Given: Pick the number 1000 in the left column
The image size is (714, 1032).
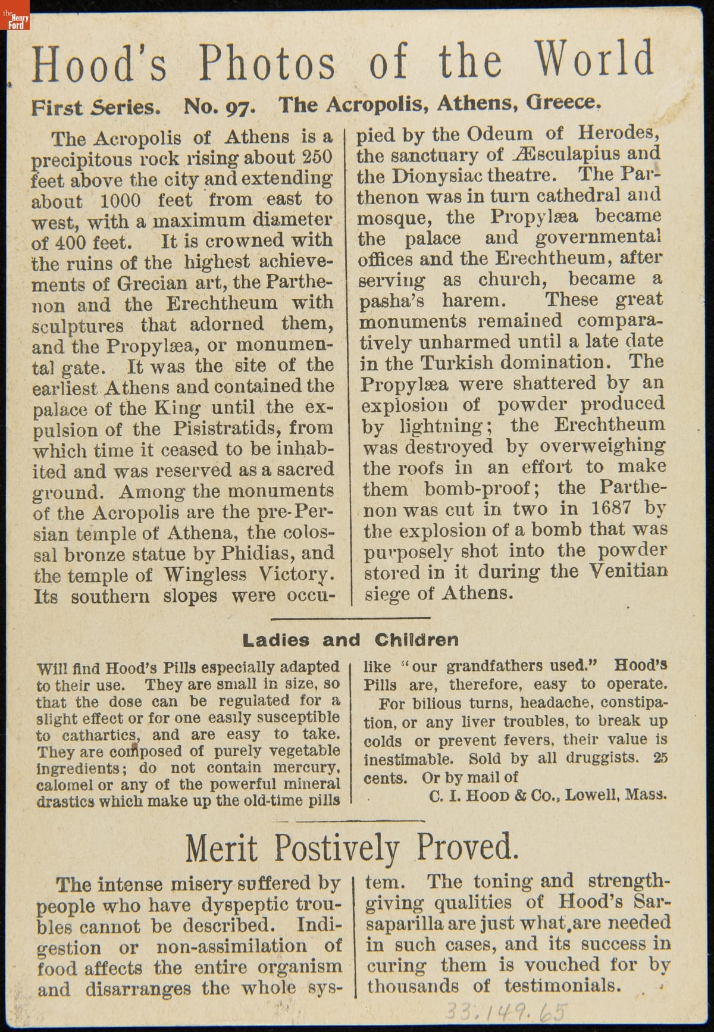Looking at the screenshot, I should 120,200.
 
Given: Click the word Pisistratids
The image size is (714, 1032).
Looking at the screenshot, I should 224,429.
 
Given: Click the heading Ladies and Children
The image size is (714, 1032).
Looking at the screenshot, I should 350,640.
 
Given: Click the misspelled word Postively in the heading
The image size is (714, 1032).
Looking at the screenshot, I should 336,849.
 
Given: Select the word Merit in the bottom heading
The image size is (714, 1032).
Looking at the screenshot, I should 221,849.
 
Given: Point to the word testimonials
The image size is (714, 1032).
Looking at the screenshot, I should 562,986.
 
